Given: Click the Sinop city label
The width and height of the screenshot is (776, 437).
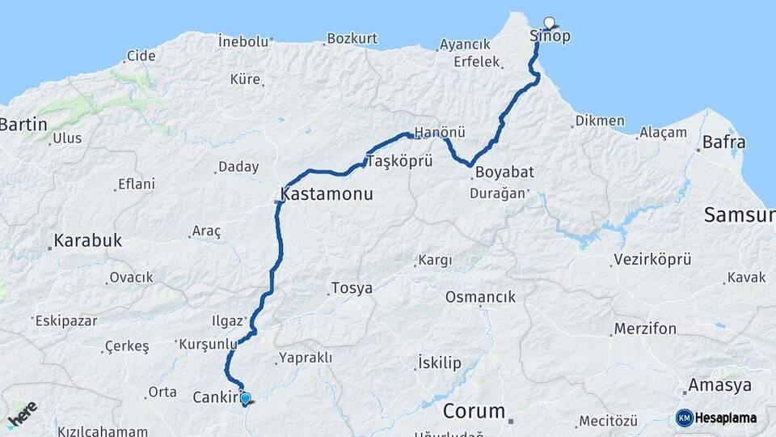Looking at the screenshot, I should coord(550,36).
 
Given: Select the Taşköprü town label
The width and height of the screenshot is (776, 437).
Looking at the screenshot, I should coord(396,162).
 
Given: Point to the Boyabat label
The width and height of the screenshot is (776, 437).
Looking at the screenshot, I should coord(505,172).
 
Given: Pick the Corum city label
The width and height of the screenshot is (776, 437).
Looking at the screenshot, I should coord(474,410).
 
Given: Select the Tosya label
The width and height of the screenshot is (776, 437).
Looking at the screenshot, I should coord(352,288).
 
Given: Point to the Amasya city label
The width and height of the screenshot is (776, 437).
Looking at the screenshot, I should coord(719,385).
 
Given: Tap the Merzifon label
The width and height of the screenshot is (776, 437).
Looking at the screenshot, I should coord(645,329).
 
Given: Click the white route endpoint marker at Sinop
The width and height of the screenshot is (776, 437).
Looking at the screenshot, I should coord(550,23).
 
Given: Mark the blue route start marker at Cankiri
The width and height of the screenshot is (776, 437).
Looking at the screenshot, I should coord(246,398).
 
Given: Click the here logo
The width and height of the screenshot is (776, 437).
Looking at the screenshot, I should coord(22,414).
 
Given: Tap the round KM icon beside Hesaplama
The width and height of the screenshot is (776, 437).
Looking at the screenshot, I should coord(685,418).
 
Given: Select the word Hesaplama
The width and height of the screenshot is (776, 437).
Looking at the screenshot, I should coord(726,418).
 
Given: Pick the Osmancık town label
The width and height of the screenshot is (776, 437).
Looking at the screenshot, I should coord(480,297).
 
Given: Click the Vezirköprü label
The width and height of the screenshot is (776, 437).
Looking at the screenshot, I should coord(652,260).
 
